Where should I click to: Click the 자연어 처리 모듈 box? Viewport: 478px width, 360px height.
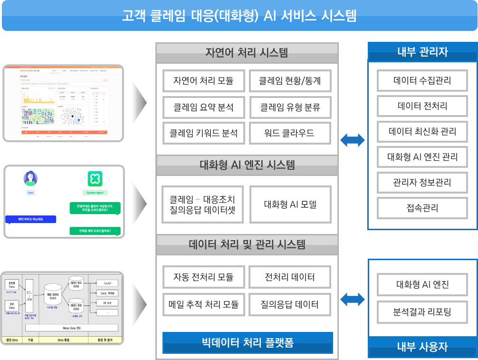coord(203,81)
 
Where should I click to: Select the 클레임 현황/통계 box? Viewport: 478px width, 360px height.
coord(290,81)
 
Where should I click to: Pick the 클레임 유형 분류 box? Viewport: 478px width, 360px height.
coord(290,107)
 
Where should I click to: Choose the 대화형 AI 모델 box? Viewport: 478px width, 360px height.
coord(290,204)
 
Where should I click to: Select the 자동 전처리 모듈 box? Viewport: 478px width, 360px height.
coord(203,277)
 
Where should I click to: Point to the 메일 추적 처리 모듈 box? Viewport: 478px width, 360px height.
coord(203,304)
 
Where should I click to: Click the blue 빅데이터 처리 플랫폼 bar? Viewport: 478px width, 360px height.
coord(248,343)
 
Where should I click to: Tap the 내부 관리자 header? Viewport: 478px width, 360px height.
coord(422,51)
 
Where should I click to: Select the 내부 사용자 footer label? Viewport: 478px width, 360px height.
coord(422,347)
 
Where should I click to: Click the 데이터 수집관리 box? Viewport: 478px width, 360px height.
coord(422,80)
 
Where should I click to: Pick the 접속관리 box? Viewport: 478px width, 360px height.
coord(422,208)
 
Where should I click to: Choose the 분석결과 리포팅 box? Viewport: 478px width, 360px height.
coord(422,312)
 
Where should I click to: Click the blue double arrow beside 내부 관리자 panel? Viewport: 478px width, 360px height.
coord(353,140)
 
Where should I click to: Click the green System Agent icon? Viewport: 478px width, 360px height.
coord(95,179)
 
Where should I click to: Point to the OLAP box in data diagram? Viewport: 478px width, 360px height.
coord(107,283)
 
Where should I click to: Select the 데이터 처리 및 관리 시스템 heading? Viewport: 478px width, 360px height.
coord(247,245)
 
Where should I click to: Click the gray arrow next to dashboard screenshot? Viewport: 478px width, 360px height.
coord(139,102)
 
